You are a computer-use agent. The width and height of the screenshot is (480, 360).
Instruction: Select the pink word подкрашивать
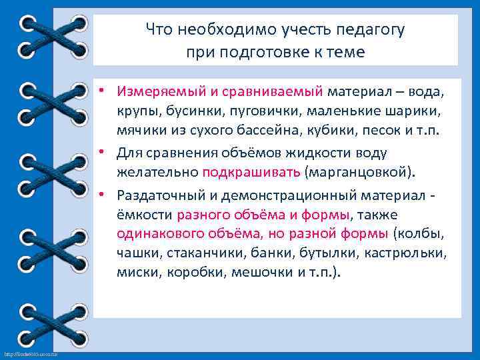tap(251, 173)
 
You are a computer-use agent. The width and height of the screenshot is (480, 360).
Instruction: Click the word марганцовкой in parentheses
tap(359, 173)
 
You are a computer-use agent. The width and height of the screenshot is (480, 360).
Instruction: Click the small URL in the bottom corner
tap(31, 353)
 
